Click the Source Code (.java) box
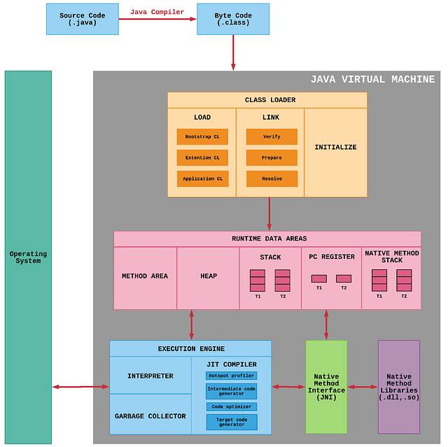point(82,19)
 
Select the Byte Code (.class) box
point(232,19)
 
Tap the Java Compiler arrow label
point(157,12)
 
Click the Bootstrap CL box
point(202,136)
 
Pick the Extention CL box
point(202,157)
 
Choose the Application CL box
point(202,178)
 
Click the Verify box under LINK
point(272,136)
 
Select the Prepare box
point(272,157)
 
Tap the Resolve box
point(272,178)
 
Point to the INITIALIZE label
point(335,148)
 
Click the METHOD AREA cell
point(145,276)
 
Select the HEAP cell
point(209,276)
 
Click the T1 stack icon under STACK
point(258,281)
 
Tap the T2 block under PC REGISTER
point(344,278)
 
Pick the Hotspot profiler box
point(231,376)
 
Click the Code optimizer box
point(231,406)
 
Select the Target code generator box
point(231,422)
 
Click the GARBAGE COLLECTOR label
point(150,416)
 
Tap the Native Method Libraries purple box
point(399,387)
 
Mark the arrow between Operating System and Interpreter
point(80,386)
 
